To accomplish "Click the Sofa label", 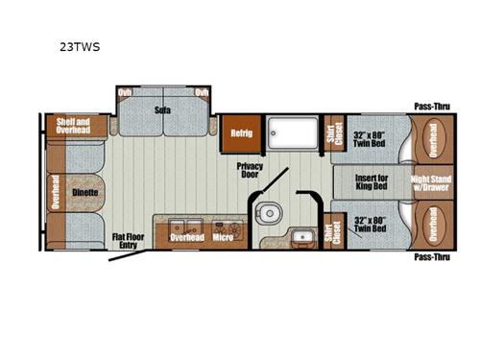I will [162, 109].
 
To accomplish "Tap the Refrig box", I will [241, 133].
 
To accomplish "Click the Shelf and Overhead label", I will [72, 126].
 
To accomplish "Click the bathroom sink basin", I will [303, 236].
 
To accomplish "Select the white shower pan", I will [293, 133].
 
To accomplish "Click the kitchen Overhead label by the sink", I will [186, 236].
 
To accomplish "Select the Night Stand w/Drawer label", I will [431, 183].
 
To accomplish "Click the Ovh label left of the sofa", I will [123, 92].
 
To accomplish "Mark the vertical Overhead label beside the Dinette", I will [56, 192].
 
